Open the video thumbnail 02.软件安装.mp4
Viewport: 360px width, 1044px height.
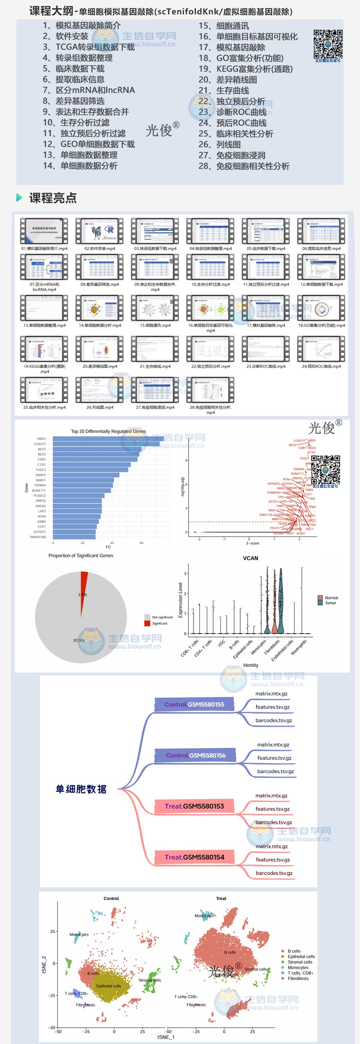(x=100, y=232)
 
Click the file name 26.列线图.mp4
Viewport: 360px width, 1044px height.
(x=100, y=407)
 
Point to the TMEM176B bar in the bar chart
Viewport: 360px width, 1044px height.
(x=74, y=537)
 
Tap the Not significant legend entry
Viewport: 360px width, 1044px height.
(x=162, y=617)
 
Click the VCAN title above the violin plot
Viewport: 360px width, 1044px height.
(x=251, y=558)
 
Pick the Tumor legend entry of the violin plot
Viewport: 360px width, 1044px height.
(x=330, y=603)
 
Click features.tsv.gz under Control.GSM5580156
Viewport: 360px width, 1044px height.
(x=274, y=758)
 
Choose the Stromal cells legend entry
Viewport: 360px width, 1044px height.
(x=300, y=962)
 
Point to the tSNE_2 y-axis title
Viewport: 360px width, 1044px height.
(x=44, y=964)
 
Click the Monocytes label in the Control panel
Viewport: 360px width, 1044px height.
(x=79, y=935)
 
